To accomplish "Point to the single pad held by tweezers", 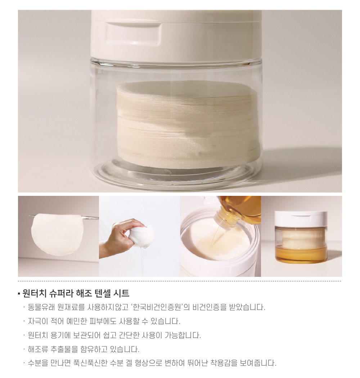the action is (57, 234).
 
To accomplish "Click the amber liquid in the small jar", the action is (301, 254).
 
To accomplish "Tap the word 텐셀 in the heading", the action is (104, 293).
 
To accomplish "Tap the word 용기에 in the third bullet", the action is (60, 335).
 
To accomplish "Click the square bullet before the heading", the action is (19, 294).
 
